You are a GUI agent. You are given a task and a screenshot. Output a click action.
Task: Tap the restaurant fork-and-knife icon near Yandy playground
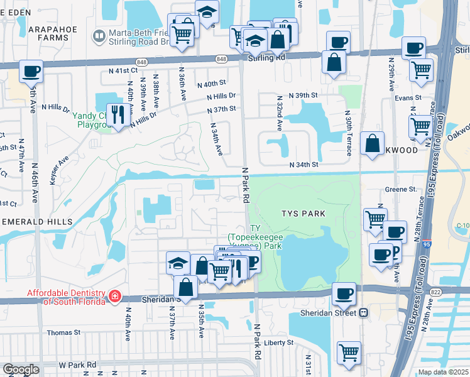click(116, 114)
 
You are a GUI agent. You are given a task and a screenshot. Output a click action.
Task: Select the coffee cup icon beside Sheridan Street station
click(343, 293)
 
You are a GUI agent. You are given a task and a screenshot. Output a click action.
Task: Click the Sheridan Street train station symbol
click(363, 313)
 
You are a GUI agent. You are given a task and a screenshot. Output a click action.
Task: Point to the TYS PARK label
click(303, 214)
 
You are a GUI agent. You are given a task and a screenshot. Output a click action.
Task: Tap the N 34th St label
click(304, 165)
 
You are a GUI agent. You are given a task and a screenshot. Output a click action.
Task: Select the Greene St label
click(400, 188)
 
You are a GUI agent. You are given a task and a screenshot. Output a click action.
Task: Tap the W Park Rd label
click(77, 364)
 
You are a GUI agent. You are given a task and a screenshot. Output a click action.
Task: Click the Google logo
click(21, 369)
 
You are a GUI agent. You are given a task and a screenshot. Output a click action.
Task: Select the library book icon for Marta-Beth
click(98, 36)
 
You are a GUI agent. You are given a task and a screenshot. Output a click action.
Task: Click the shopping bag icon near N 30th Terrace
click(373, 143)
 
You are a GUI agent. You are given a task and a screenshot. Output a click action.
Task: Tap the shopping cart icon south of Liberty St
click(349, 352)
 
